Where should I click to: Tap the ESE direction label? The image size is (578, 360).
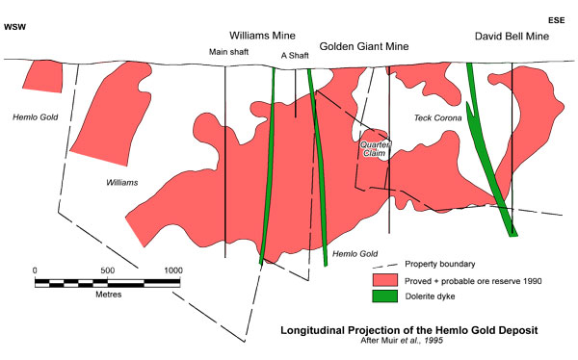coord(557,20)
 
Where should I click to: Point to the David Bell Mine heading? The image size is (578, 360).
coord(512,36)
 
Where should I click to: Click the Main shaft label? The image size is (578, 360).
coord(229,54)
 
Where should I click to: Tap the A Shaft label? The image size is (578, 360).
coord(295,56)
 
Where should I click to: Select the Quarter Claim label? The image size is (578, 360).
coord(375,149)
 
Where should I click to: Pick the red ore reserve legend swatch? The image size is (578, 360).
coord(386,279)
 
